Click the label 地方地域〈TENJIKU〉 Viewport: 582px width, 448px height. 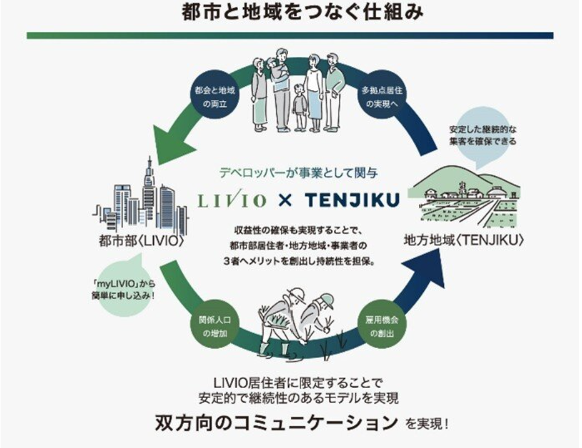tap(463, 239)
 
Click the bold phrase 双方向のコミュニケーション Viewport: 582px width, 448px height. tap(276, 423)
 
